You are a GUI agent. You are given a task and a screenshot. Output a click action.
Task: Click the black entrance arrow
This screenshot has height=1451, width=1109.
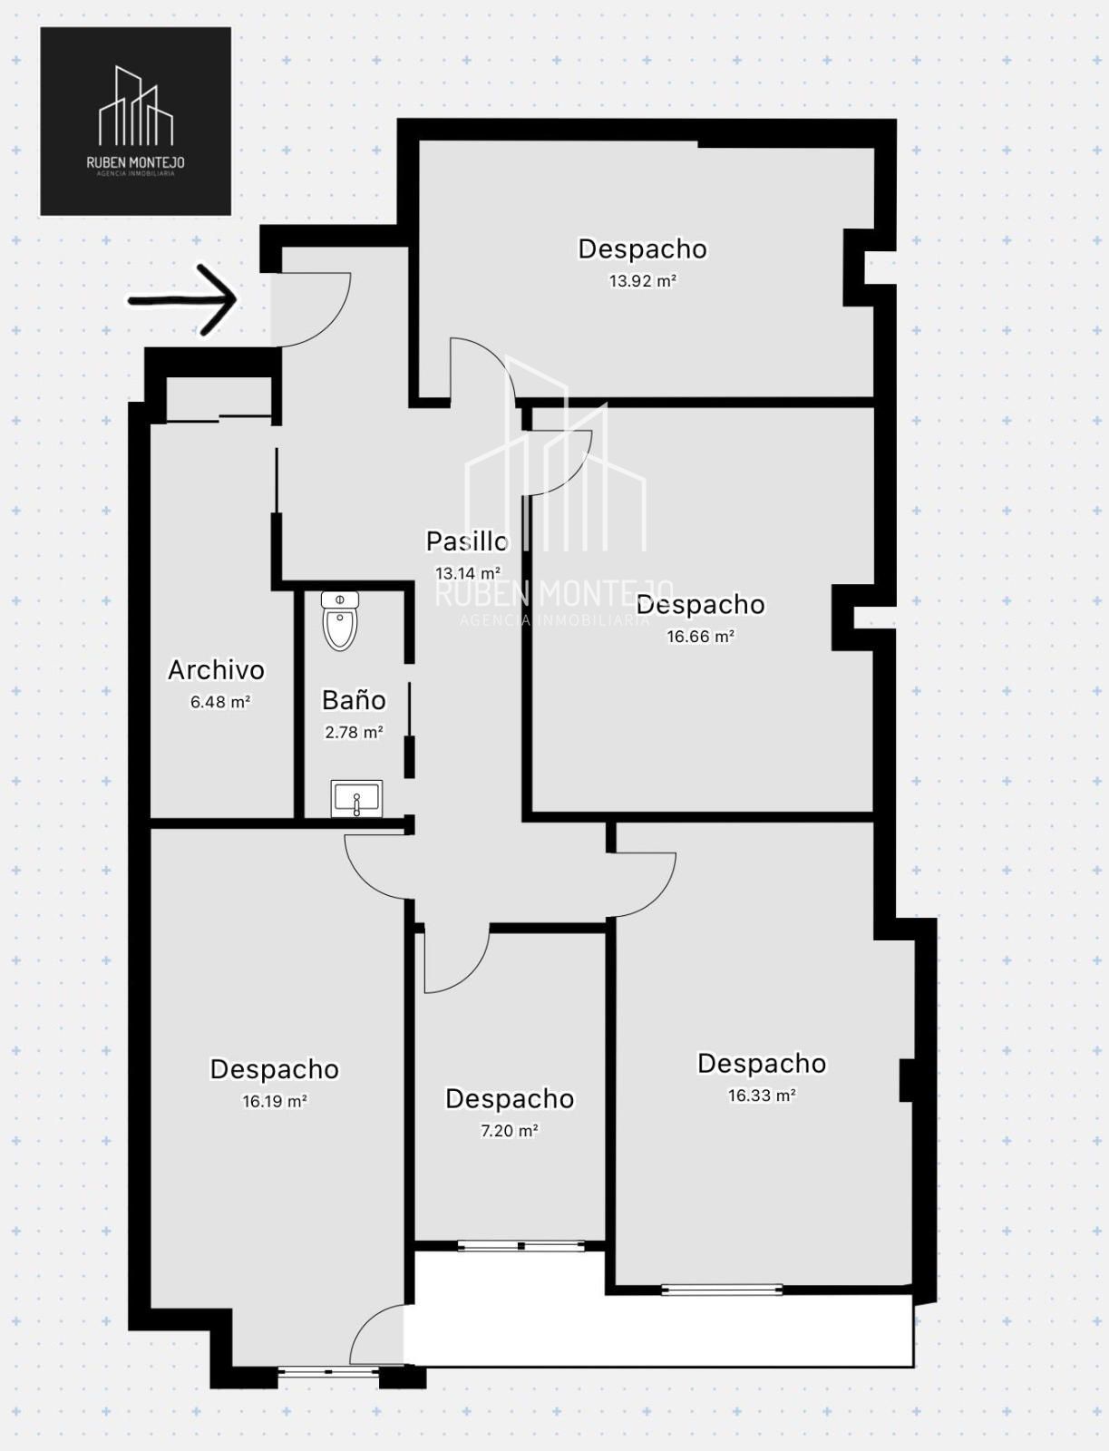pyautogui.click(x=182, y=299)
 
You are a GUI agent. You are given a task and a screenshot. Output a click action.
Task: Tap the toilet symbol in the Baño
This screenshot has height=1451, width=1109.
pyautogui.click(x=340, y=621)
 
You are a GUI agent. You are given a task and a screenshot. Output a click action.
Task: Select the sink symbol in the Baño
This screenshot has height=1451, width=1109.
pyautogui.click(x=356, y=798)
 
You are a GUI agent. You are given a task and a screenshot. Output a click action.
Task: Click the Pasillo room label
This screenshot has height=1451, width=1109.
pyautogui.click(x=467, y=541)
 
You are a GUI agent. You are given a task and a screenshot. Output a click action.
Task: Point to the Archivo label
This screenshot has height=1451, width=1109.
pyautogui.click(x=216, y=670)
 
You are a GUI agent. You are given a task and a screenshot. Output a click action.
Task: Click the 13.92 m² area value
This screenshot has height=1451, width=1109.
pyautogui.click(x=642, y=281)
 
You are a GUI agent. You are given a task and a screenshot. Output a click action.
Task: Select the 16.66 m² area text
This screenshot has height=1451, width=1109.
pyautogui.click(x=701, y=637)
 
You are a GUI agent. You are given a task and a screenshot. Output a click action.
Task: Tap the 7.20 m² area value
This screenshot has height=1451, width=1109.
pyautogui.click(x=509, y=1131)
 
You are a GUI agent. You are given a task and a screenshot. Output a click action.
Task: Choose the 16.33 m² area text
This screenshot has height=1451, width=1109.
pyautogui.click(x=762, y=1096)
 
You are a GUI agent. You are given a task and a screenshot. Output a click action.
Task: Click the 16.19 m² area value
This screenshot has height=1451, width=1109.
pyautogui.click(x=274, y=1101)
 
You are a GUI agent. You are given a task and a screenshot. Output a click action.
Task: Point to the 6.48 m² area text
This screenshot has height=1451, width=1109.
pyautogui.click(x=220, y=702)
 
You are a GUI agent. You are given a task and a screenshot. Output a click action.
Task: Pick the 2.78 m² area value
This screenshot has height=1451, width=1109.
pyautogui.click(x=355, y=733)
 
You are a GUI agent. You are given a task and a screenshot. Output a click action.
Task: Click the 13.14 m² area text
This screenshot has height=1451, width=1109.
pyautogui.click(x=467, y=572)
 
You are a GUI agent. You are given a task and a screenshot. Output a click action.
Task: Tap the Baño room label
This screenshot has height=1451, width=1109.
pyautogui.click(x=354, y=701)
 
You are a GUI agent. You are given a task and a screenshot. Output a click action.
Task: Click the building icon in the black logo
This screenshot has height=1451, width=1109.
pyautogui.click(x=136, y=106)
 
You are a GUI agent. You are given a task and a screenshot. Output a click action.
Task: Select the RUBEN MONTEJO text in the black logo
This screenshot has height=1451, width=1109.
pyautogui.click(x=135, y=162)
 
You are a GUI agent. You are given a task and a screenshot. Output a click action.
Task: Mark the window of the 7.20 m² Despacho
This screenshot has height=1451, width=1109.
pyautogui.click(x=521, y=1246)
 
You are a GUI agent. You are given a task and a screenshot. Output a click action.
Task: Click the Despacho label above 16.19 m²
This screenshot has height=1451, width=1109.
pyautogui.click(x=274, y=1069)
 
